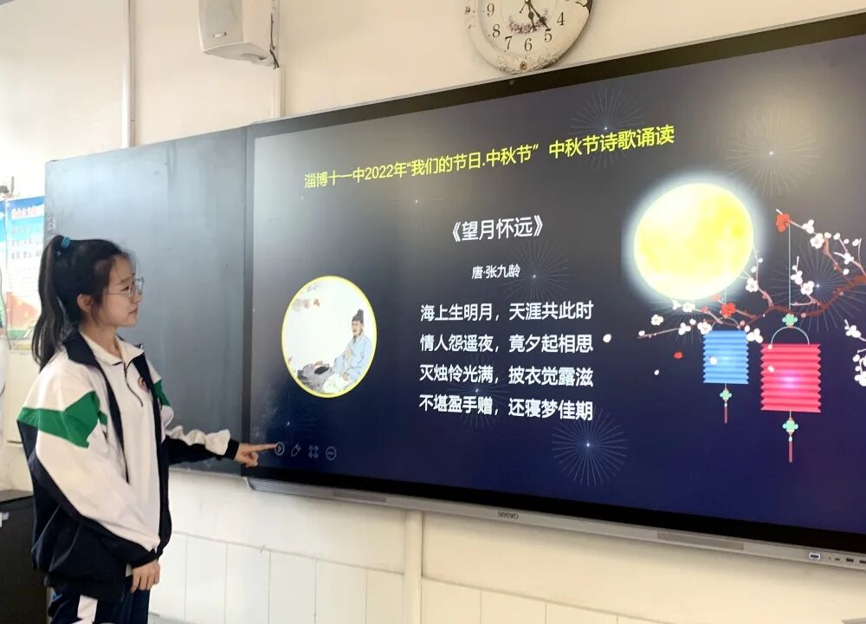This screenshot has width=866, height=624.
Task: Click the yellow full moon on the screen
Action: tap(693, 241)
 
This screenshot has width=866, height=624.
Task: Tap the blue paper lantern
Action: tap(725, 356)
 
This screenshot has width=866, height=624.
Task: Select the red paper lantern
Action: tap(790, 378)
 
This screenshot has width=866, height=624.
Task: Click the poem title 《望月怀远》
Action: tap(497, 228)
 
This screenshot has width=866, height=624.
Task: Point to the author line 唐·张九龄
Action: tap(495, 271)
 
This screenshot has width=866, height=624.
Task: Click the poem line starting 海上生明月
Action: tap(506, 311)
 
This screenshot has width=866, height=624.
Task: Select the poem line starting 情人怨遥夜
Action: tap(506, 343)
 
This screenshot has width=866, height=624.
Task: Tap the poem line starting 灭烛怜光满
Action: tap(506, 376)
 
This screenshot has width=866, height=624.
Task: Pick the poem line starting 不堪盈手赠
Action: tap(506, 408)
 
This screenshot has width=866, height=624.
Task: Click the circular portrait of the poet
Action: tap(329, 336)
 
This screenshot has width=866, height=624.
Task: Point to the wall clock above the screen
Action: tap(527, 30)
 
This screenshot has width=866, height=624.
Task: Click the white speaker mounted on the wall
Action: tap(234, 29)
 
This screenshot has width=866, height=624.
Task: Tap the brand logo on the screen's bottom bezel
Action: tap(507, 514)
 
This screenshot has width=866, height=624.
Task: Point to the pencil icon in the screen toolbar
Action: tap(295, 450)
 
